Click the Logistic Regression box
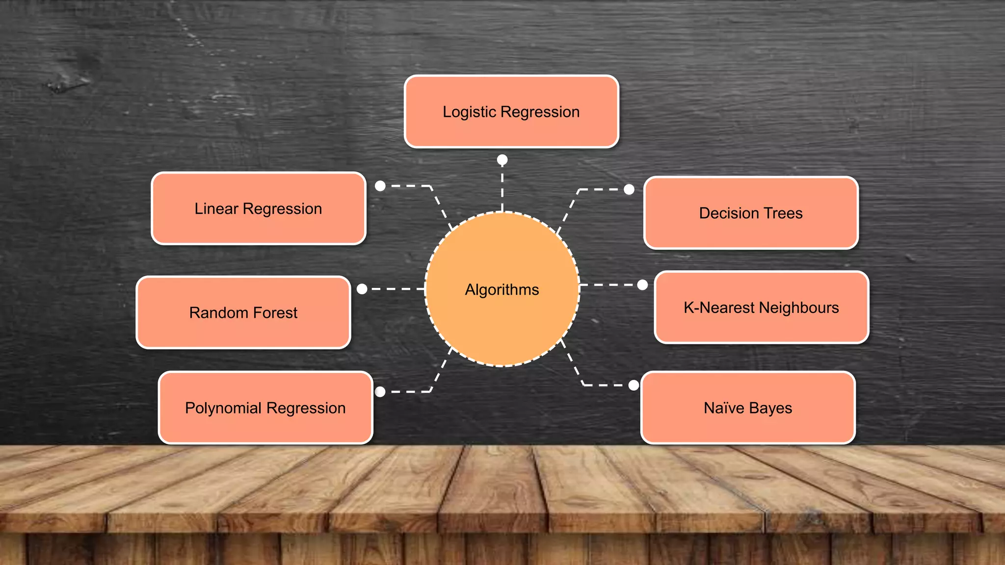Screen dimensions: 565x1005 (511, 112)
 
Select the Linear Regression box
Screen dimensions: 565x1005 (259, 208)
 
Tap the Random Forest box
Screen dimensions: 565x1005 (243, 312)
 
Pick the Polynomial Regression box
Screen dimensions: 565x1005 (265, 408)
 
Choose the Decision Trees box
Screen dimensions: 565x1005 (751, 213)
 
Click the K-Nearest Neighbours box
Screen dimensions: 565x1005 (761, 308)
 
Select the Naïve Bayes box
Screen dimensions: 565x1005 (748, 408)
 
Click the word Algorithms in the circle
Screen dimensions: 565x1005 (502, 290)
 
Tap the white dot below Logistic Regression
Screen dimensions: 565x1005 (502, 160)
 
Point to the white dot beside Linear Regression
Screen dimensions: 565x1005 (380, 186)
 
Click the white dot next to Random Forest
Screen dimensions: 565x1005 (362, 289)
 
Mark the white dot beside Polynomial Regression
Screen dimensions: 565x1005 (380, 391)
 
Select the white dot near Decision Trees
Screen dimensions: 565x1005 (629, 189)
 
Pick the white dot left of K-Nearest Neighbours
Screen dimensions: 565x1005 (642, 285)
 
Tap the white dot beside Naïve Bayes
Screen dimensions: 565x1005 (634, 385)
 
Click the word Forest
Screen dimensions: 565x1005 (275, 312)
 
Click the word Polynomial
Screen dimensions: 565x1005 (223, 408)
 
